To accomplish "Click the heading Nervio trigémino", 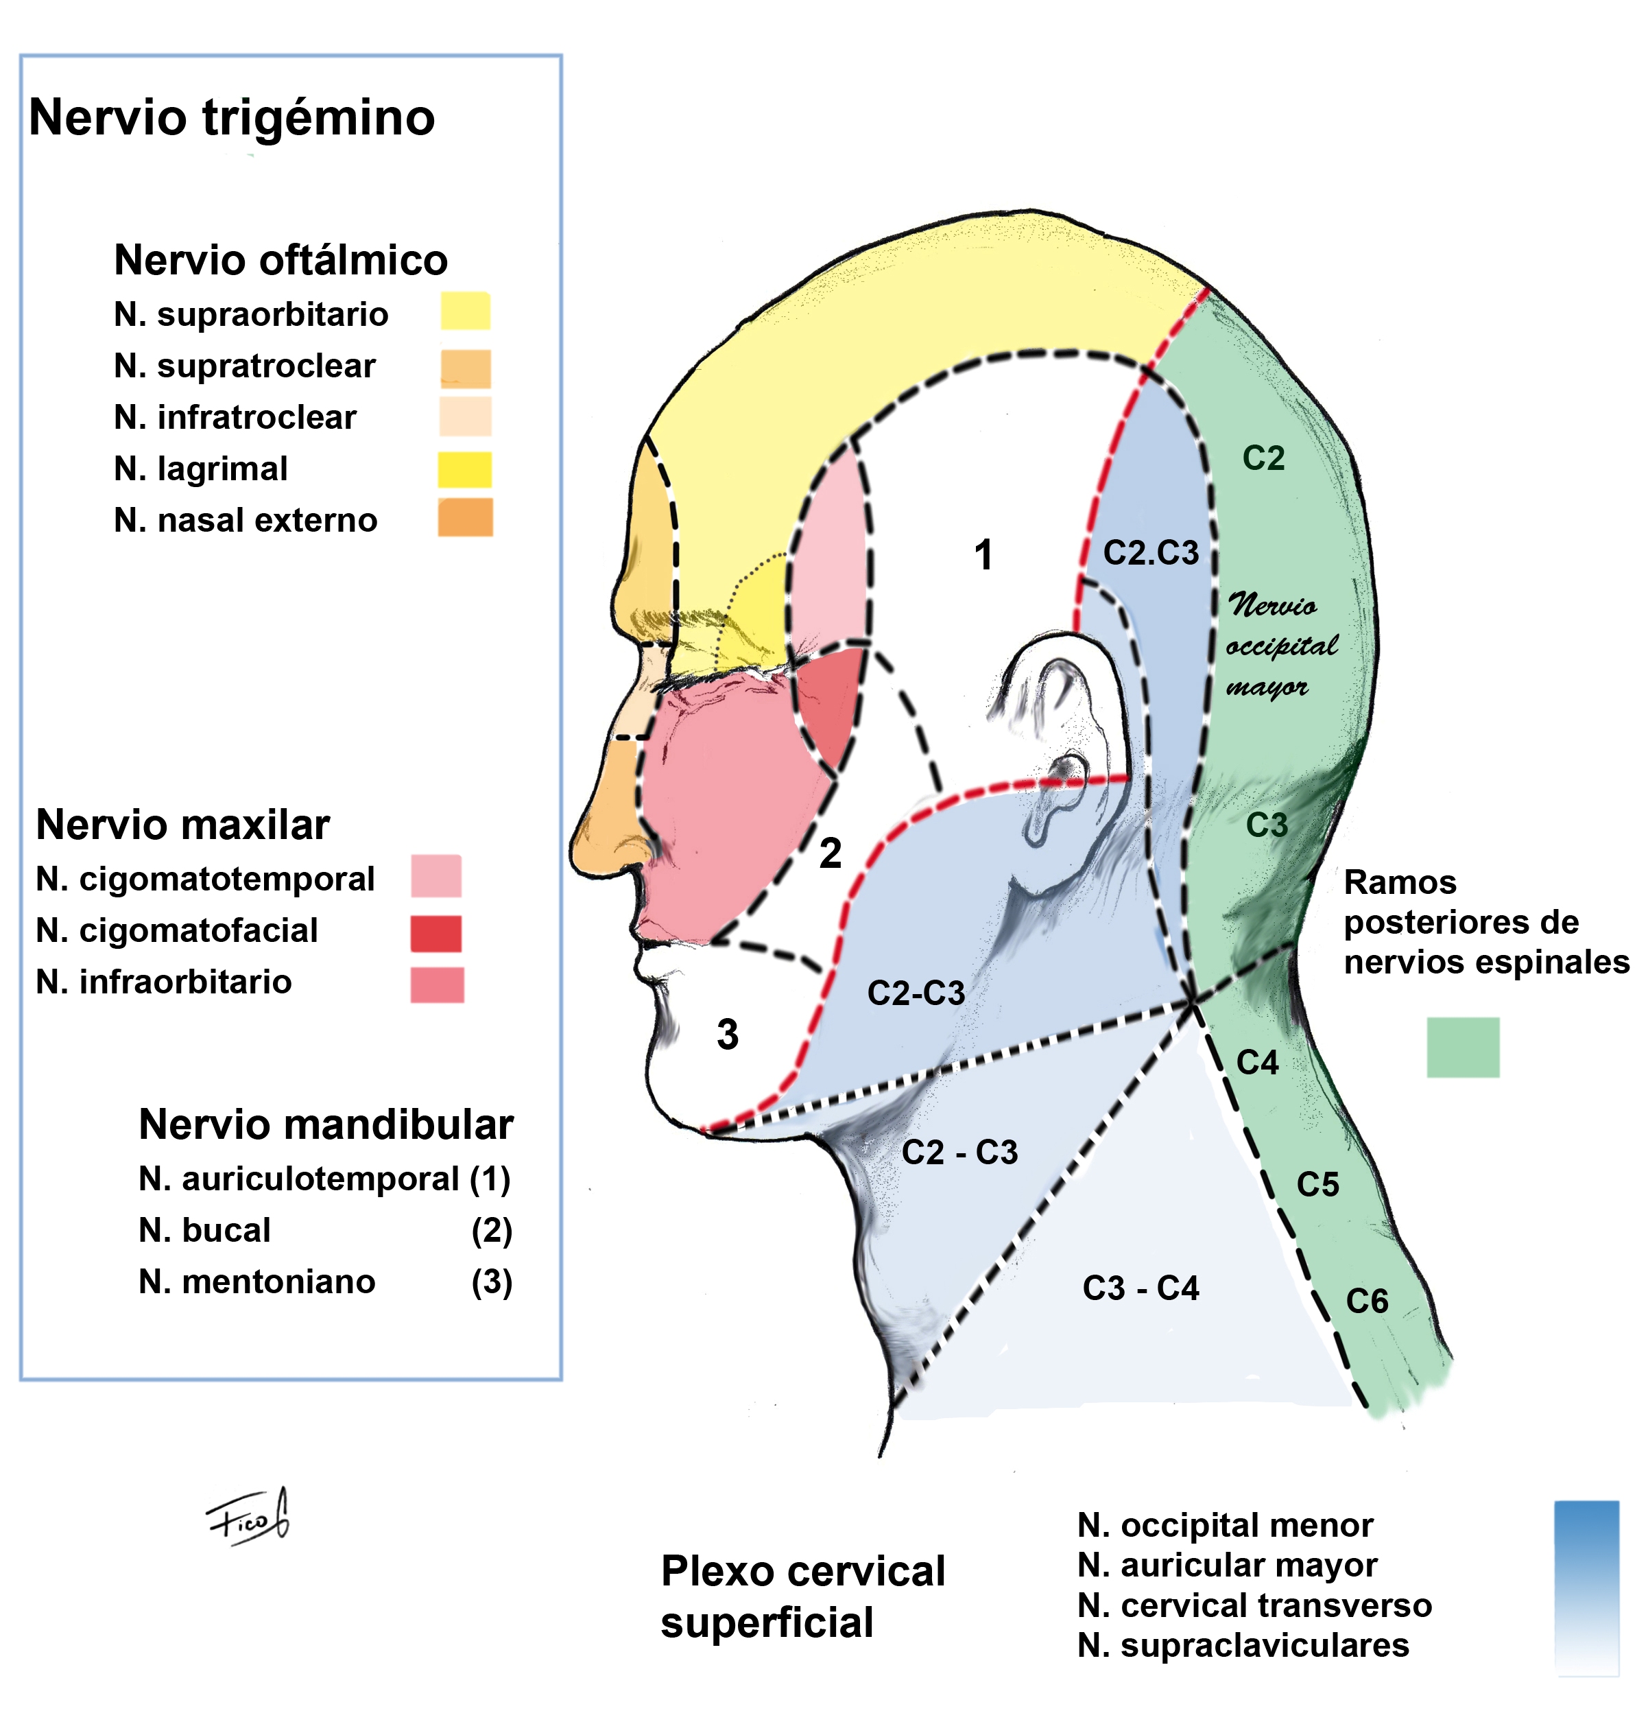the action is coord(232,119).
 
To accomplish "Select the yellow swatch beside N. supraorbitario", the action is coord(465,311).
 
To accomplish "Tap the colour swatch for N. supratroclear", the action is coord(465,368).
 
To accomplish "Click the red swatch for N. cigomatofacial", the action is coord(435,933).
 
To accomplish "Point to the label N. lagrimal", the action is coord(201,469).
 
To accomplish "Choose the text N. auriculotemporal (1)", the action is coord(324,1179).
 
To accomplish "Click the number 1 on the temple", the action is coord(983,554).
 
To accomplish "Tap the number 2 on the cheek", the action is coord(830,853).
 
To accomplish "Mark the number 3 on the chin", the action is coord(727,1035).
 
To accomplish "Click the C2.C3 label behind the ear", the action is coord(1151,552).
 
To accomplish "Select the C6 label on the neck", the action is coord(1367,1301).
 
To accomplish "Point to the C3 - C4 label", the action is coord(1141,1288).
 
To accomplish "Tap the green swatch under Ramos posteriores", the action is coord(1463,1047).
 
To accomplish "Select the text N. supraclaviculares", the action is coord(1243,1646).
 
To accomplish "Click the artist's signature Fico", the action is coord(247,1519).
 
